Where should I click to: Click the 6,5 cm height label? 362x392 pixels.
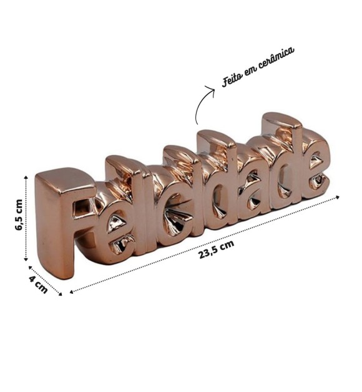19,215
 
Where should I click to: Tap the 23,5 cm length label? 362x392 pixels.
216,249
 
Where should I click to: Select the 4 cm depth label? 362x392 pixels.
38,284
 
